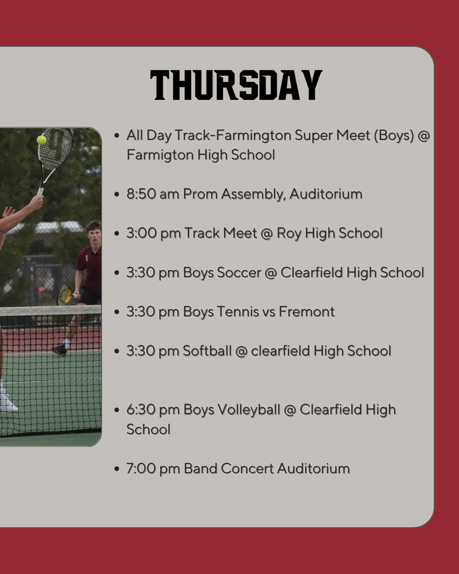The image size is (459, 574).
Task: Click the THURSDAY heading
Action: (x=236, y=85)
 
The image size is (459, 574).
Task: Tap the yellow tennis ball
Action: (x=41, y=140)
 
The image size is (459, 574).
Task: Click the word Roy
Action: (x=289, y=233)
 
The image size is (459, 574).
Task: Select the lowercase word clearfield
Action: (x=280, y=351)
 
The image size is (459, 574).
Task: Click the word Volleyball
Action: (x=248, y=410)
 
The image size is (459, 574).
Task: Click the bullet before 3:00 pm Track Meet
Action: (x=116, y=234)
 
